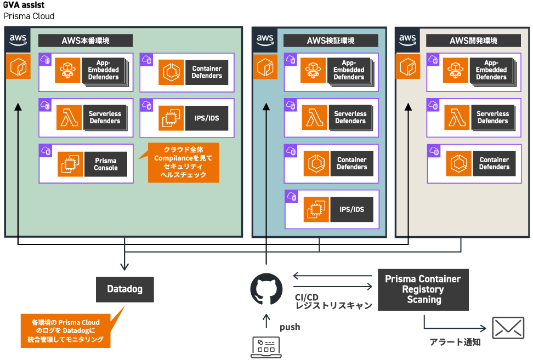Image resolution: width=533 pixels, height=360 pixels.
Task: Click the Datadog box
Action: (x=124, y=289)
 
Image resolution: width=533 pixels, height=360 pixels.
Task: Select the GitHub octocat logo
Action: (x=266, y=289)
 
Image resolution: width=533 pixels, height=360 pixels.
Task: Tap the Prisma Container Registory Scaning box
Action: (x=423, y=289)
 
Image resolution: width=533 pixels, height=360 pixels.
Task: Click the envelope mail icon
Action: (x=508, y=328)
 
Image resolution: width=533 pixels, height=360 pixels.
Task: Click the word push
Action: (x=290, y=327)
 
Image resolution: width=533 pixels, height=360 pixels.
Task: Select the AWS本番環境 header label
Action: (x=85, y=41)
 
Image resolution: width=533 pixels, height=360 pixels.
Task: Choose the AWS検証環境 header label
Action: (x=331, y=41)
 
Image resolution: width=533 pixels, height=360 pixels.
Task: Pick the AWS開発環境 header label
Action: (x=473, y=41)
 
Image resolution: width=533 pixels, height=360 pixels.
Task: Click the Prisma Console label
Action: (x=106, y=164)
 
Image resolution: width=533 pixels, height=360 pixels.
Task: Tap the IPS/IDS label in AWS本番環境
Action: (x=206, y=118)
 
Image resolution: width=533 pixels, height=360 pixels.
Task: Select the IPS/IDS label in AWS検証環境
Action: (x=352, y=209)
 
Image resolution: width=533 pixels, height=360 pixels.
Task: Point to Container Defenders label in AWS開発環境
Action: (x=494, y=163)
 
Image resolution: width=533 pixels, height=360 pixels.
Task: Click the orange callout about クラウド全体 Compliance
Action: (x=183, y=163)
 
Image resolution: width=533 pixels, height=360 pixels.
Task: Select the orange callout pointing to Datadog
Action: (x=65, y=331)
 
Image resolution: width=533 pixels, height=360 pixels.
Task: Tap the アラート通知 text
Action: (x=455, y=342)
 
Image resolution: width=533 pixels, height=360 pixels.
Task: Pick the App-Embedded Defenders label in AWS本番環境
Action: (x=104, y=70)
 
